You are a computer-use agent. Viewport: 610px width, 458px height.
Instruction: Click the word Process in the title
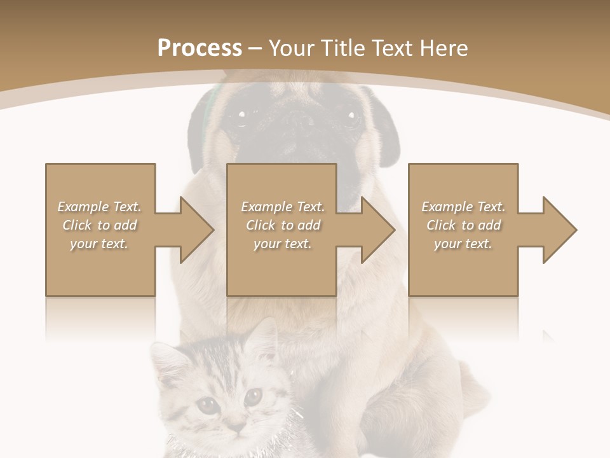200,48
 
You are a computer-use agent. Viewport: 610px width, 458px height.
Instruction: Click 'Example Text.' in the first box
99,207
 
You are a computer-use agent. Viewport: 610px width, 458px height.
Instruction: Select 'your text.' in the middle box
282,244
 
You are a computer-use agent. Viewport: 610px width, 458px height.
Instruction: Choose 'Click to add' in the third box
463,225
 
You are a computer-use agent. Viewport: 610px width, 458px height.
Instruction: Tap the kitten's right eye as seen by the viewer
253,398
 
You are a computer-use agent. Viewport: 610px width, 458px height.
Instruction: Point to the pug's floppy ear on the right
388,127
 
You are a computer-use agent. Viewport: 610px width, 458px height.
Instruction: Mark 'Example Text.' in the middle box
282,207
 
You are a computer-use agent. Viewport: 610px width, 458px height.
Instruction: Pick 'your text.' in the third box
463,244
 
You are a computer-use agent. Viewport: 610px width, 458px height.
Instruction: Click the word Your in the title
294,48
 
